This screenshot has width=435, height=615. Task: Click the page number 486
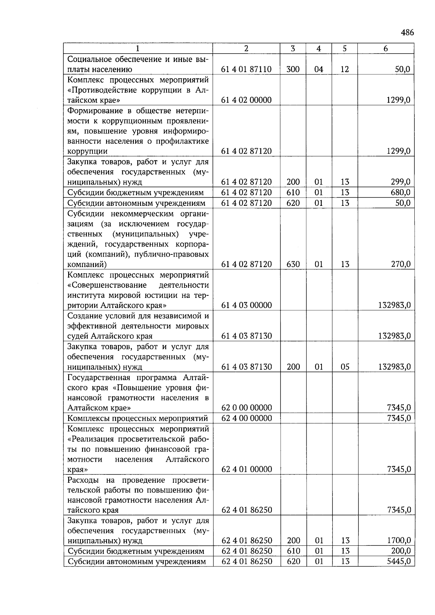tap(407, 33)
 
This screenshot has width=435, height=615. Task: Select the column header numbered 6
tap(385, 49)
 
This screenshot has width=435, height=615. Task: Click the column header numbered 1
tap(138, 49)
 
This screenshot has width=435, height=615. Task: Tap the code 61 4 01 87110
tap(246, 69)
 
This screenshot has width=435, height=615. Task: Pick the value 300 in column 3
tap(293, 69)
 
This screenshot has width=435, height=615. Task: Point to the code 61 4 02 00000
tap(246, 100)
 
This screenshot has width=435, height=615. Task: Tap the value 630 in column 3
tap(293, 264)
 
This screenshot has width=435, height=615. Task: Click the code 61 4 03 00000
tap(246, 305)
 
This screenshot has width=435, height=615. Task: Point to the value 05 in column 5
tap(345, 367)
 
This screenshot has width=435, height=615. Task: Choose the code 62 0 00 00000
tap(246, 408)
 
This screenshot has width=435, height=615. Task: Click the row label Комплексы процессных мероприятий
tap(138, 418)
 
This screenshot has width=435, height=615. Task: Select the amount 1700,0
tap(399, 541)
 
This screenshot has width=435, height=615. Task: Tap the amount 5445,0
tap(399, 561)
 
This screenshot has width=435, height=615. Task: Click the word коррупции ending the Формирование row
tap(87, 151)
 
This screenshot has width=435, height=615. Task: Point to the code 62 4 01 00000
tap(246, 469)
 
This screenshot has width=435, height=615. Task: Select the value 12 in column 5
tap(345, 69)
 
